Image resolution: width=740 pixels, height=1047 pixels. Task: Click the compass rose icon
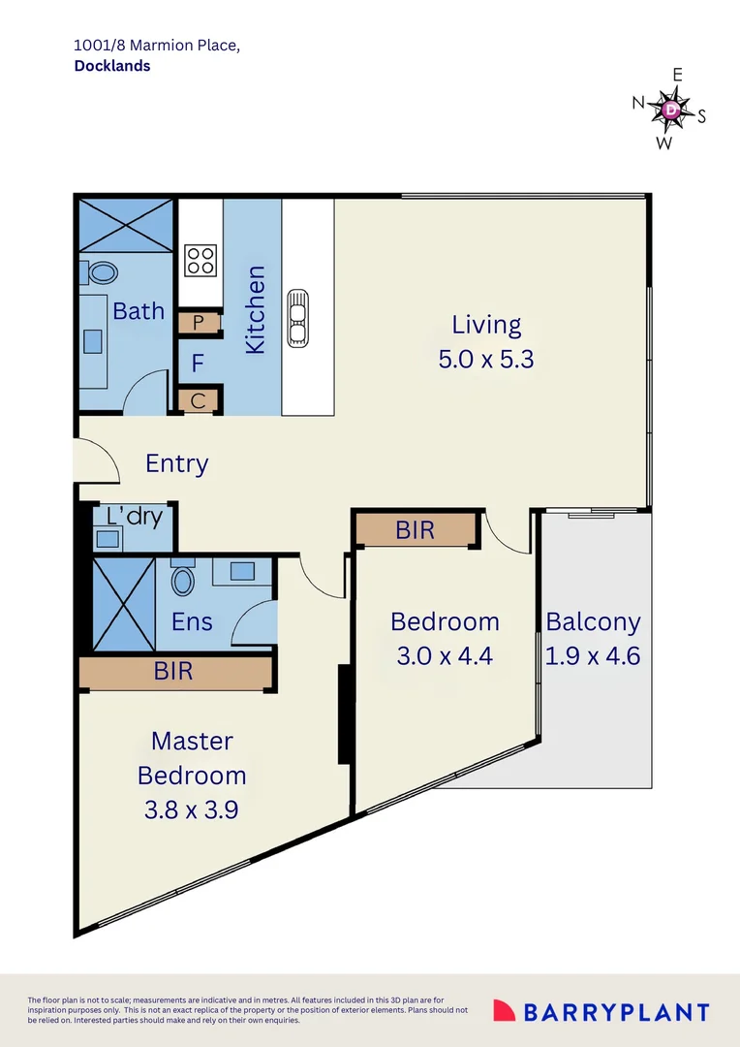coord(670,110)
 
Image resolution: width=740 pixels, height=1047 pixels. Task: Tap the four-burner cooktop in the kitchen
coord(200,259)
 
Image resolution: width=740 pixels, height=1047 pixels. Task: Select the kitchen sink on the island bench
coord(296,318)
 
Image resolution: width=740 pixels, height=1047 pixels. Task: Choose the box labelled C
coord(199,400)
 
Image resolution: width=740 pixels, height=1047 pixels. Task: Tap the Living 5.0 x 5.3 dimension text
coord(486,360)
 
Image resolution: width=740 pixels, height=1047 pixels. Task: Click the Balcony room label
coord(593,621)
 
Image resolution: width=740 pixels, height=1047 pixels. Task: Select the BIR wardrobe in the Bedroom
coord(416,530)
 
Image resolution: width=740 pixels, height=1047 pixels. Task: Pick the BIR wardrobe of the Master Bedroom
coord(174,671)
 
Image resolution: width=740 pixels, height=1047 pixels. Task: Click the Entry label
coord(176,463)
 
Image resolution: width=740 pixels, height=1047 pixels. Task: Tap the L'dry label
coord(134,516)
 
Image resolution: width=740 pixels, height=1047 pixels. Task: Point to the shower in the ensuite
coord(123,603)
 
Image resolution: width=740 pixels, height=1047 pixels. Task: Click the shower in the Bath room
coord(126,225)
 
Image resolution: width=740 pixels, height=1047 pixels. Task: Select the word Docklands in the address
coord(112,66)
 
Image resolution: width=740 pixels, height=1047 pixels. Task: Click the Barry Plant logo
coord(601,1011)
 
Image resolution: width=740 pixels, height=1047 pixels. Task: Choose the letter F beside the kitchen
coord(198,365)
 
